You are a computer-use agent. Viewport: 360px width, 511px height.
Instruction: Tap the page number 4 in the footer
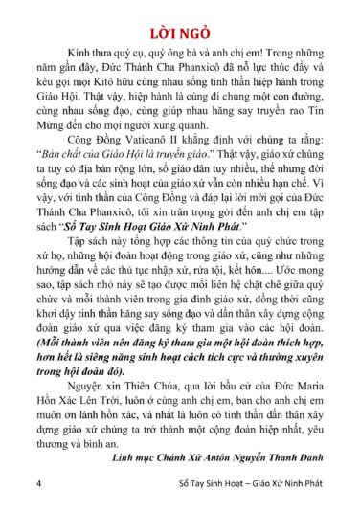[37, 483]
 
